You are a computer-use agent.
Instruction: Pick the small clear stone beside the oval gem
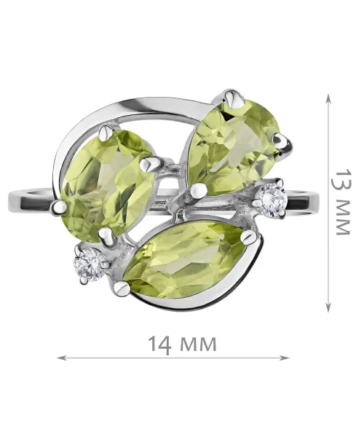pyautogui.click(x=89, y=264)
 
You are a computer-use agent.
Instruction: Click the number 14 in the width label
pyautogui.click(x=159, y=345)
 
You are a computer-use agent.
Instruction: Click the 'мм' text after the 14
pyautogui.click(x=198, y=345)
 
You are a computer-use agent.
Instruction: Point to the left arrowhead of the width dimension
pyautogui.click(x=60, y=358)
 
